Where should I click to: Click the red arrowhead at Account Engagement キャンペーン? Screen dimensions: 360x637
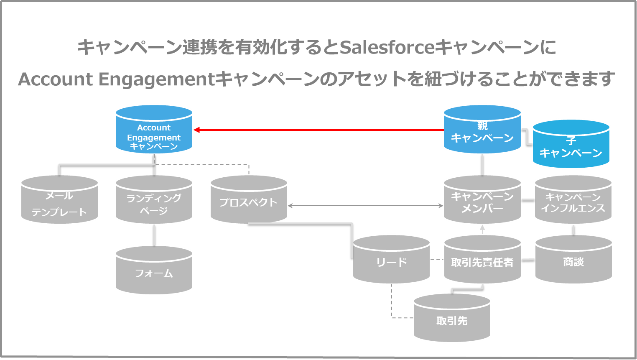[197, 130]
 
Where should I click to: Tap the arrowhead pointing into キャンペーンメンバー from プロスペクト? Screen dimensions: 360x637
[440, 206]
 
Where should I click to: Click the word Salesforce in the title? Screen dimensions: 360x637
[387, 47]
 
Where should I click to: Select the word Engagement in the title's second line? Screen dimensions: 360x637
[157, 79]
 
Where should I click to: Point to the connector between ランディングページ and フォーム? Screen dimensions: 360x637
[154, 235]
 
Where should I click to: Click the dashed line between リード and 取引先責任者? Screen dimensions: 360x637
[437, 260]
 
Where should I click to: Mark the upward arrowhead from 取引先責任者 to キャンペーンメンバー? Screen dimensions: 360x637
[482, 228]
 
